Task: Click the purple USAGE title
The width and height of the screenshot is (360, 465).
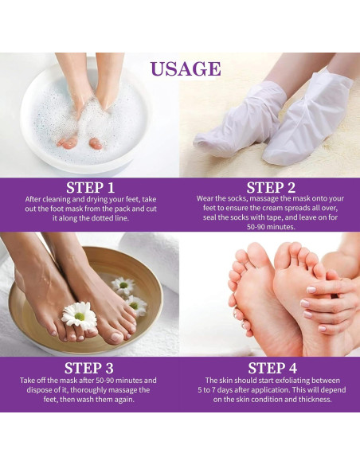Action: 185,68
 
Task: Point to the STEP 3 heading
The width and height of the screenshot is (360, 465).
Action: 94,368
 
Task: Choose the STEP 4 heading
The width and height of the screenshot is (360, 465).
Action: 272,368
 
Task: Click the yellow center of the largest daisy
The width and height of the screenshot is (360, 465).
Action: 80,317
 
